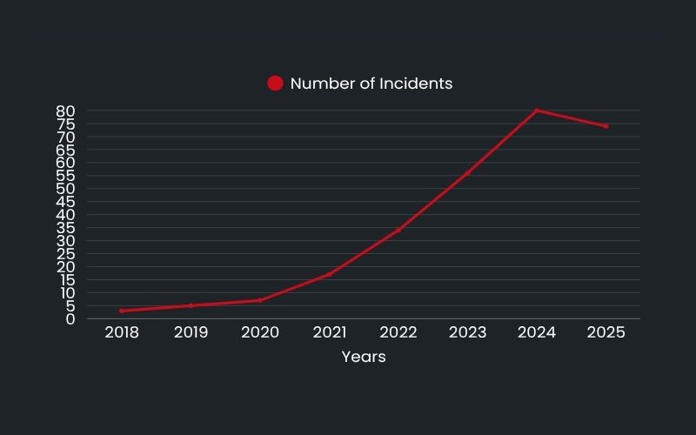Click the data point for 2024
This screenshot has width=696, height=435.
point(537,110)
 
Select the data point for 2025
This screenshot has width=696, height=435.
point(606,126)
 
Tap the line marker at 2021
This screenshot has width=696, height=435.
point(329,275)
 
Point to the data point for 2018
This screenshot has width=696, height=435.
point(122,311)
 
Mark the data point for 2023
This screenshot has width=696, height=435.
point(467,173)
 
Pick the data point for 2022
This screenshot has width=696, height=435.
point(398,231)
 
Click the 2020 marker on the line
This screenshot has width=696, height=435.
point(260,300)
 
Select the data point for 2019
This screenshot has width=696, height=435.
point(191,305)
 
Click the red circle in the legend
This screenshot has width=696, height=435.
point(275,84)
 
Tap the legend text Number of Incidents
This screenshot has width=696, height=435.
point(371,84)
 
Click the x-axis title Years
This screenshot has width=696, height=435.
point(364,357)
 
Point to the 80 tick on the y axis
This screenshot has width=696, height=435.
point(66,111)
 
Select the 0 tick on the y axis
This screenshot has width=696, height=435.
point(70,319)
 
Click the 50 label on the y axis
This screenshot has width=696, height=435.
point(66,189)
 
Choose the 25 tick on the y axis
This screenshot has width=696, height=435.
point(66,254)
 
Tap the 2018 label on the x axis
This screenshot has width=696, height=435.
point(122,332)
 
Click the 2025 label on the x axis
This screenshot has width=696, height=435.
point(606,332)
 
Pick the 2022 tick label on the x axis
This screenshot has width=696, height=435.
point(398,332)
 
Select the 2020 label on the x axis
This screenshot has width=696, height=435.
point(260,332)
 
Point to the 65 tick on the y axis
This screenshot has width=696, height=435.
point(66,151)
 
